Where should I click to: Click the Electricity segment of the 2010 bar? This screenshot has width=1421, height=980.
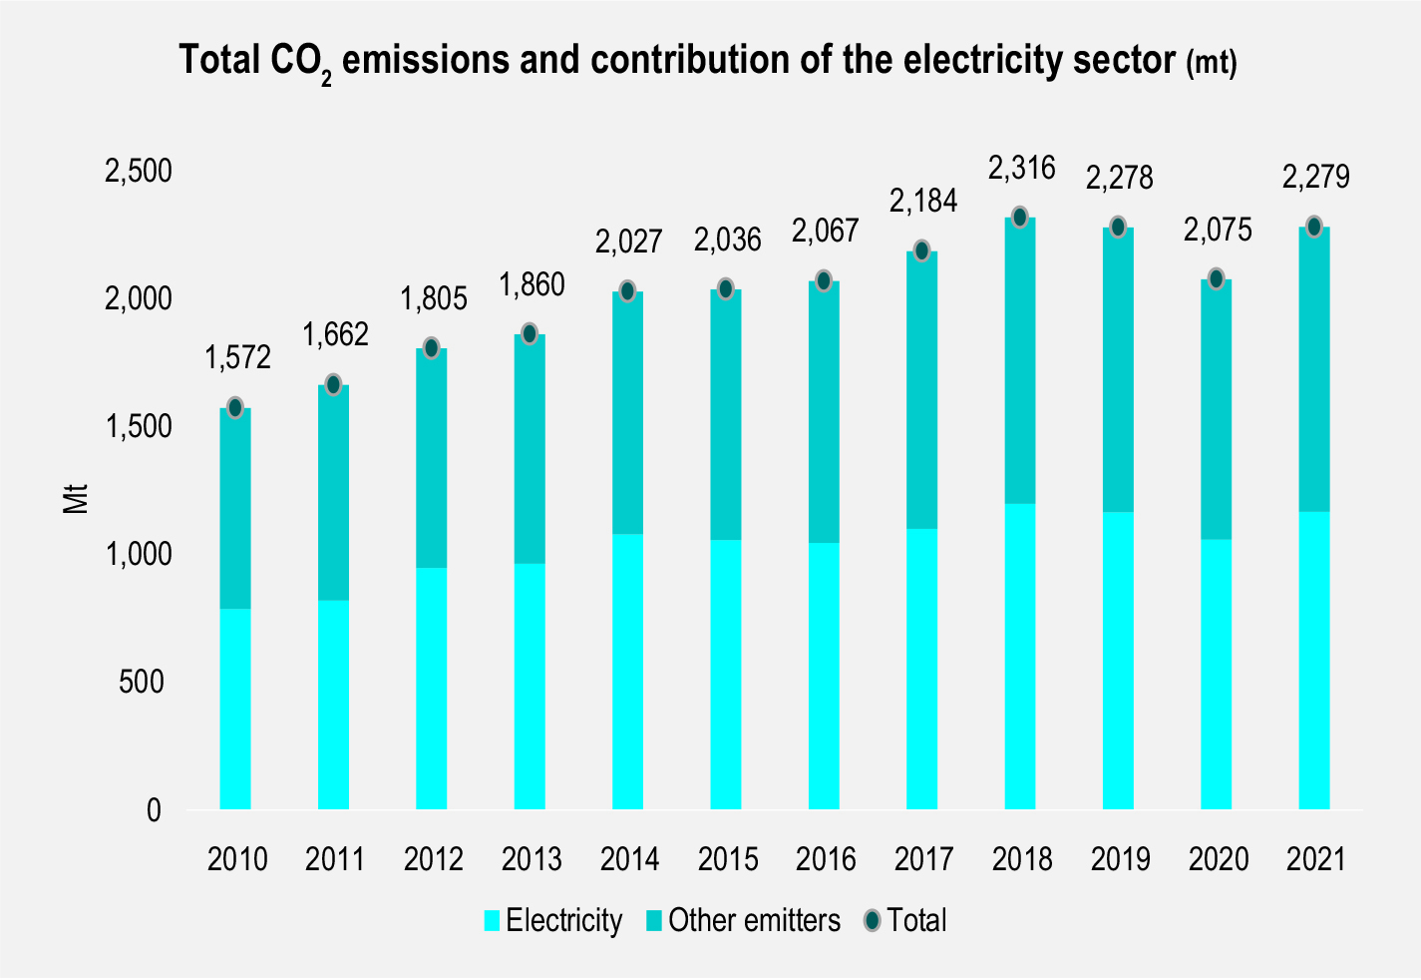tap(235, 709)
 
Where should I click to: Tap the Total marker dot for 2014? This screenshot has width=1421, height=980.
tap(627, 291)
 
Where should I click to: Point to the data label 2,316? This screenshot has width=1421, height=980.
tap(1021, 168)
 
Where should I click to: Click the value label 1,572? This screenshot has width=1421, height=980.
tap(237, 357)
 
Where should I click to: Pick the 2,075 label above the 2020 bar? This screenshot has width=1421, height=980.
tap(1217, 231)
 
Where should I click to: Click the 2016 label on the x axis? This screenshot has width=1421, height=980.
tap(826, 859)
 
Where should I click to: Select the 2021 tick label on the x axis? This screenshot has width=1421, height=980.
tap(1316, 859)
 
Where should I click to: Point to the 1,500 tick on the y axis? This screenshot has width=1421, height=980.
tap(139, 427)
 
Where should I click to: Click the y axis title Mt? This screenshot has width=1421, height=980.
tap(76, 498)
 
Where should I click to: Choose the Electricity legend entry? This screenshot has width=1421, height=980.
tap(552, 920)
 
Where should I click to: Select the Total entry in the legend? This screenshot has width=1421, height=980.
tap(905, 920)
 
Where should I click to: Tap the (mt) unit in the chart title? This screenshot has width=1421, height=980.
tap(1211, 65)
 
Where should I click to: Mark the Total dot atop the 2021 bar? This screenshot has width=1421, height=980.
tap(1314, 227)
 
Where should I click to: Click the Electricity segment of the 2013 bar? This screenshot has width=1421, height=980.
tap(530, 687)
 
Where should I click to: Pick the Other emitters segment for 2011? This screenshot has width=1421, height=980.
tap(333, 493)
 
